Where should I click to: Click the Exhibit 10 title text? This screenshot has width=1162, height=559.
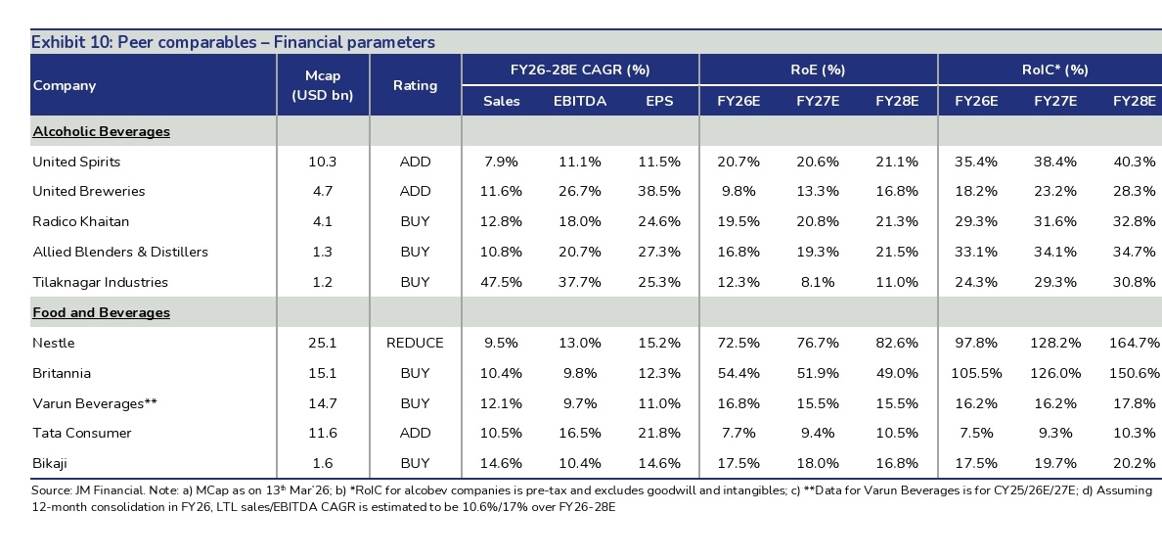tap(233, 42)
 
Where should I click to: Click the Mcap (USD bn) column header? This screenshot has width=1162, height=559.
tap(322, 85)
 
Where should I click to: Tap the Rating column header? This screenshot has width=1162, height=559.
tap(415, 85)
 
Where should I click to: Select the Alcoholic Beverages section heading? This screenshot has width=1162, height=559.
tap(101, 131)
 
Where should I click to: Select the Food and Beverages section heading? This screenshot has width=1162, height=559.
tap(101, 312)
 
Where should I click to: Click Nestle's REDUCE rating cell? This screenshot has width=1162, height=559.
tap(415, 343)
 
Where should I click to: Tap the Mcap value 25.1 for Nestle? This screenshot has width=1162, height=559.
tap(322, 343)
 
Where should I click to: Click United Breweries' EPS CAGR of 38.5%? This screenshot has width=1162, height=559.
tap(659, 191)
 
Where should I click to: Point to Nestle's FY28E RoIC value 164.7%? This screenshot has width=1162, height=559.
tap(1135, 343)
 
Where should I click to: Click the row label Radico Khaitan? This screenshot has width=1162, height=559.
tap(80, 221)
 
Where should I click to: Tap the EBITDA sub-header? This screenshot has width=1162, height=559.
tap(579, 101)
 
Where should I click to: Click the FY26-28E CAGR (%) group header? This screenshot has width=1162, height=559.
tap(580, 70)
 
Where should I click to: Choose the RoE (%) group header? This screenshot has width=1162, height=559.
tap(818, 70)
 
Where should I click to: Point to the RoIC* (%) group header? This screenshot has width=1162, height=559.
tap(1049, 70)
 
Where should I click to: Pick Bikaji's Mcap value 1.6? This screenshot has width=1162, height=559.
tap(322, 463)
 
